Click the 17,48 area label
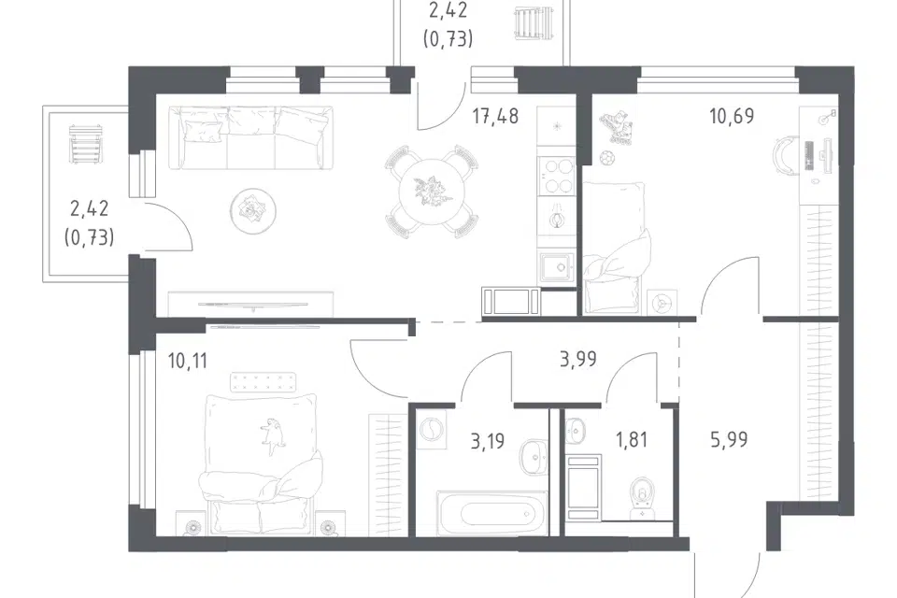pyautogui.click(x=495, y=116)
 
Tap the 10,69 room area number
pyautogui.click(x=732, y=116)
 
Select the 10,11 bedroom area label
pyautogui.click(x=188, y=361)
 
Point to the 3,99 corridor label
pyautogui.click(x=577, y=359)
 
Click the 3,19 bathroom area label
pyautogui.click(x=488, y=441)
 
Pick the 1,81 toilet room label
pyautogui.click(x=632, y=439)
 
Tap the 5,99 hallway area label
pyautogui.click(x=730, y=439)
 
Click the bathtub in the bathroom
pyautogui.click(x=491, y=512)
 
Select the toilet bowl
pyautogui.click(x=643, y=497)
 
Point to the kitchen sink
pyautogui.click(x=557, y=268)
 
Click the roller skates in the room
pyautogui.click(x=616, y=128)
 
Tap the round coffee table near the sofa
pyautogui.click(x=253, y=210)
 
